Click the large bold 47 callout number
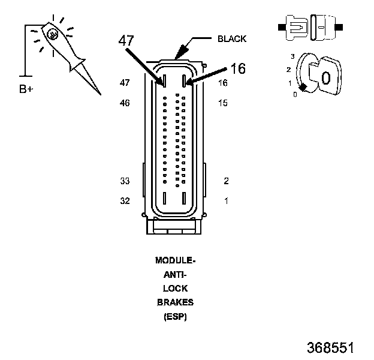[x=126, y=40]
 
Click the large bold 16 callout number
[x=238, y=68]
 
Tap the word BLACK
[x=232, y=39]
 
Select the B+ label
[x=26, y=89]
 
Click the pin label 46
[x=125, y=103]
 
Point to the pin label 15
[x=223, y=103]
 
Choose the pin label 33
[x=125, y=181]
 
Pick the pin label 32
[x=125, y=201]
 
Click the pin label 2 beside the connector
[x=226, y=181]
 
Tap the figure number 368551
[x=330, y=347]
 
